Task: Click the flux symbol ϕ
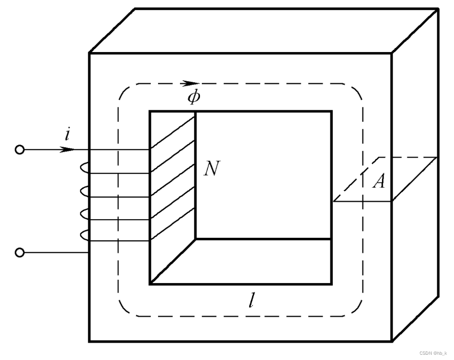coord(193,97)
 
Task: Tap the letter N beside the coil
coord(211,169)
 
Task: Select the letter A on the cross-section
coord(379,182)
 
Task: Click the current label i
coord(68,135)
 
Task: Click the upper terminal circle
coord(20,150)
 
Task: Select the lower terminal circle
coord(20,253)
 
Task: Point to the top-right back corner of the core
coord(438,9)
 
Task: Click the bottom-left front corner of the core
coord(89,341)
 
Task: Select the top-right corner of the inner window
coord(331,111)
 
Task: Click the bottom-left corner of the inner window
coord(150,284)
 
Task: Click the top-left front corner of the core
coord(89,53)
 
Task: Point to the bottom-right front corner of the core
coord(392,341)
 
